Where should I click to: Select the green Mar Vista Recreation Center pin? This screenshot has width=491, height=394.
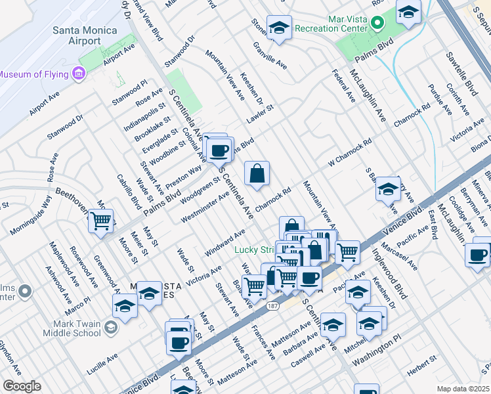coord(377,22)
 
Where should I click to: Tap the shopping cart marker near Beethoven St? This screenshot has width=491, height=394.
coord(100,221)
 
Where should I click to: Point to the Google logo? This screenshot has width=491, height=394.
coord(21,385)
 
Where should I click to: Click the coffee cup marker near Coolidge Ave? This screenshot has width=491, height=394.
coord(477,254)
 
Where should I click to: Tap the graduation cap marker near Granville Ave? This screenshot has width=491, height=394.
coord(280,28)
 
